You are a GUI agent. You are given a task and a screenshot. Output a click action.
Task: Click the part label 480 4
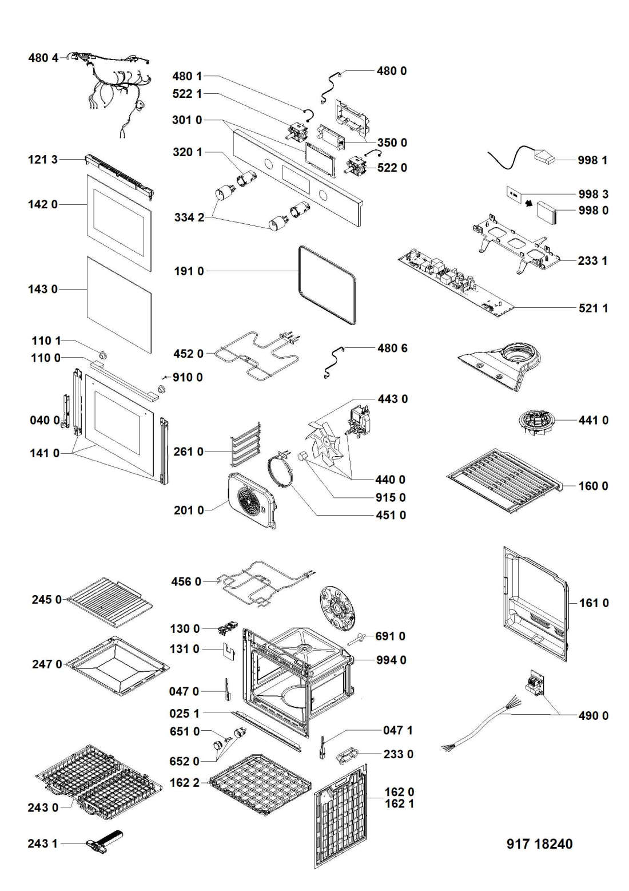[43, 58]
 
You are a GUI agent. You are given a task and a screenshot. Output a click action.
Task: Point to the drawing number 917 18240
[539, 844]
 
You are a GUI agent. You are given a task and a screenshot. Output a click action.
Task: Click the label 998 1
[592, 160]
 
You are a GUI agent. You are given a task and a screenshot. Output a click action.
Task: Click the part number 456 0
[186, 581]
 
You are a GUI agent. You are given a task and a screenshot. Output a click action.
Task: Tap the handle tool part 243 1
[103, 842]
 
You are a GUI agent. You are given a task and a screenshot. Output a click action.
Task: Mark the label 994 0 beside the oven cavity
[391, 660]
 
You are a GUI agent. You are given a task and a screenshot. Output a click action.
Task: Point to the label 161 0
[594, 603]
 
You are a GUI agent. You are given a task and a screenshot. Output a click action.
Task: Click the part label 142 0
[43, 204]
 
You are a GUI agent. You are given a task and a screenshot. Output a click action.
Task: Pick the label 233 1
[592, 260]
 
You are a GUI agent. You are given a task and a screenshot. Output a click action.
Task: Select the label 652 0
[185, 761]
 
